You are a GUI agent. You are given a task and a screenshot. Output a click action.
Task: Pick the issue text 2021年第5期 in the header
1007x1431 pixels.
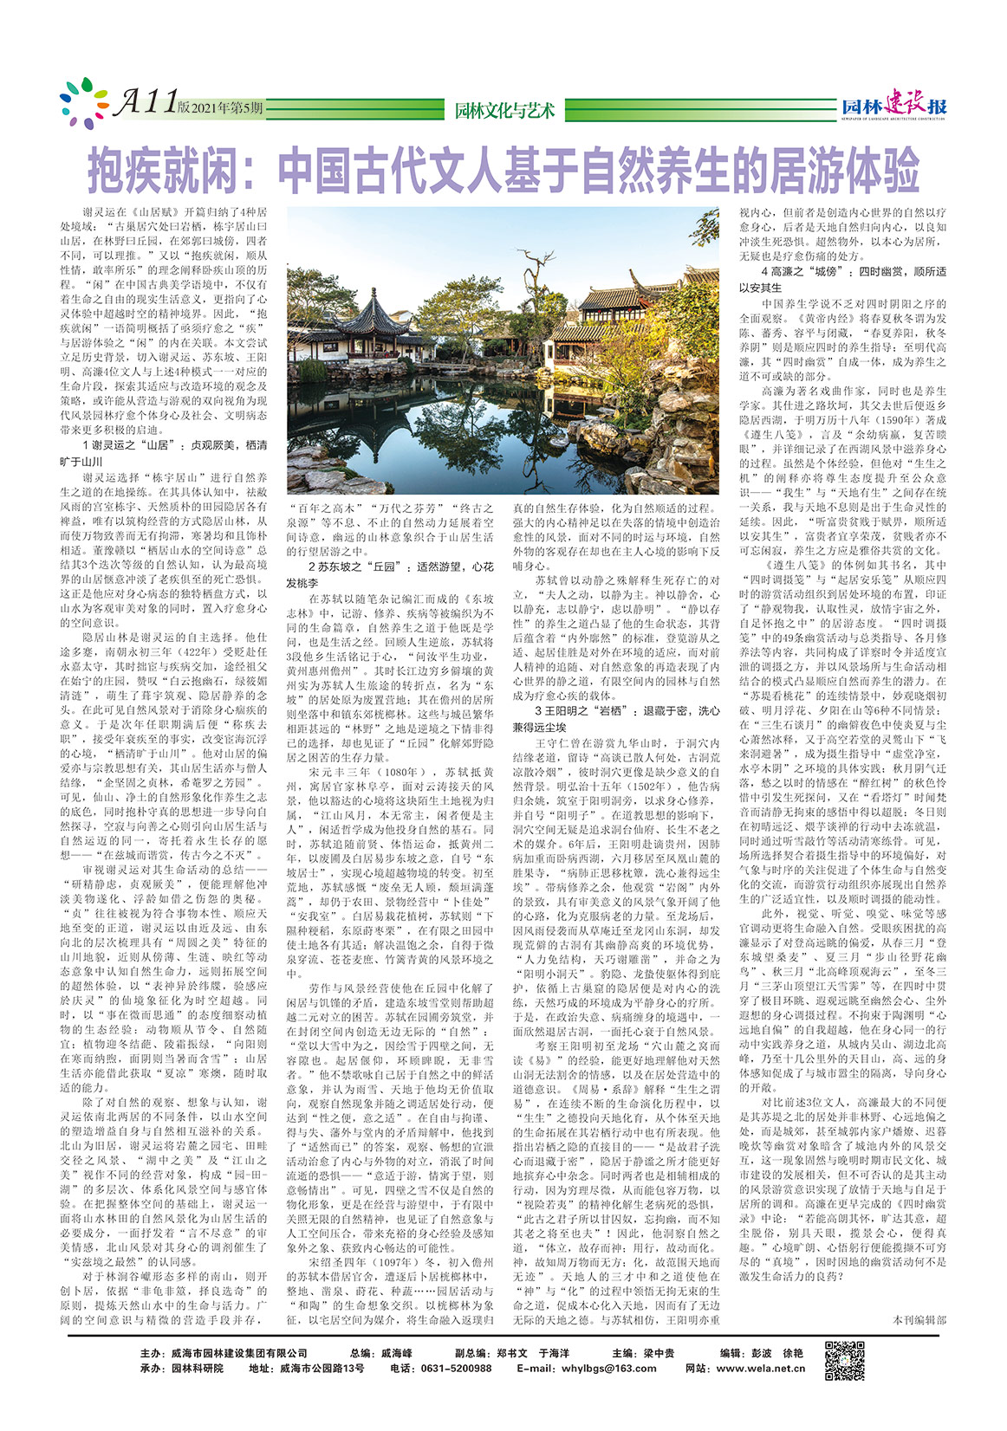[x=228, y=107]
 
